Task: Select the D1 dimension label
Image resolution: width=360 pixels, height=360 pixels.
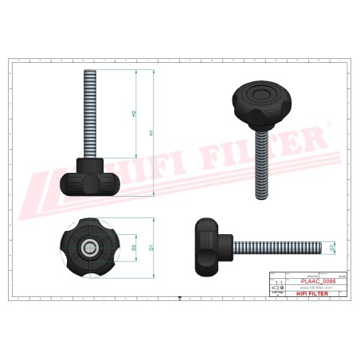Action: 151,247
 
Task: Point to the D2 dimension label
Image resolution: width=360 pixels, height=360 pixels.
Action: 134,248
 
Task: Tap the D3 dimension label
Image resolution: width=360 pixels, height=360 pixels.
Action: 332,248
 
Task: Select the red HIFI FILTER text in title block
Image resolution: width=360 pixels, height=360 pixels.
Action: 306,295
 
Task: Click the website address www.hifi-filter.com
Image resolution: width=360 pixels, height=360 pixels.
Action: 306,288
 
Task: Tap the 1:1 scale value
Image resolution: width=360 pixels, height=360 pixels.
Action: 277,282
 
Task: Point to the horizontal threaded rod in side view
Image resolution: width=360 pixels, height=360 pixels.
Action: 275,248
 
